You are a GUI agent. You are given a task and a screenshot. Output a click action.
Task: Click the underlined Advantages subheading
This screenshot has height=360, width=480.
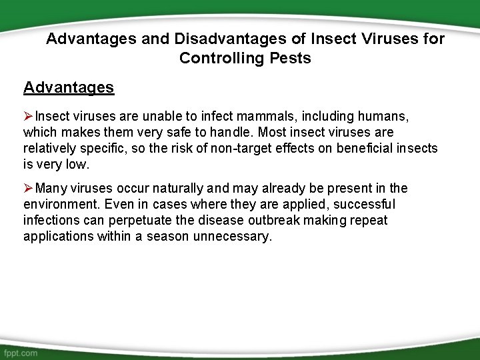tap(69, 87)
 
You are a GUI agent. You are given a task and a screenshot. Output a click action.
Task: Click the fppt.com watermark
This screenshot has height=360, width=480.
tap(21, 351)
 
